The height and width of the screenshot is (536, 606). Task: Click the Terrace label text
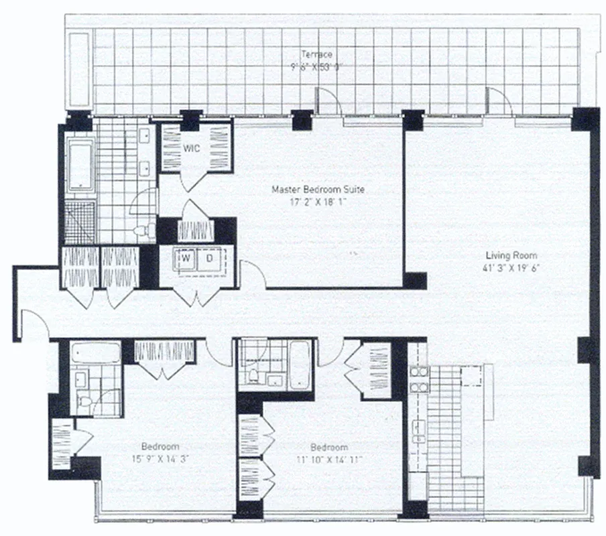pyautogui.click(x=316, y=54)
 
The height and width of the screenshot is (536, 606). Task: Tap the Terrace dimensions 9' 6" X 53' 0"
pyautogui.click(x=317, y=66)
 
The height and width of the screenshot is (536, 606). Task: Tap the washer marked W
pyautogui.click(x=186, y=257)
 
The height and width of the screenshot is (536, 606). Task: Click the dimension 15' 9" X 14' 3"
pyautogui.click(x=160, y=459)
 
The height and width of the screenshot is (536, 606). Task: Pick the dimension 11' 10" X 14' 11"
pyautogui.click(x=328, y=459)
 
